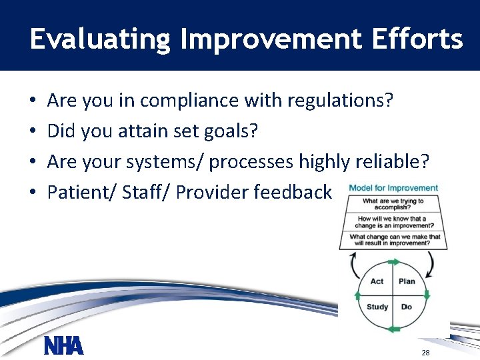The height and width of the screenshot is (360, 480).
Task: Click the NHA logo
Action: click(64, 345)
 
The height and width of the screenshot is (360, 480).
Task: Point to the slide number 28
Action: click(425, 351)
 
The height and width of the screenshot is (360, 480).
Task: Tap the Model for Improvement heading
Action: click(393, 188)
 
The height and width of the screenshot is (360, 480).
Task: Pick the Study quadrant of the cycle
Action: click(377, 307)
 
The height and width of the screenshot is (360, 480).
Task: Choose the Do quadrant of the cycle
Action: click(407, 307)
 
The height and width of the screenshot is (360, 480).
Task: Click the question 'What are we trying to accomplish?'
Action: click(393, 204)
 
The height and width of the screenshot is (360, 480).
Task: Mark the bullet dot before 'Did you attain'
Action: click(33, 131)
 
